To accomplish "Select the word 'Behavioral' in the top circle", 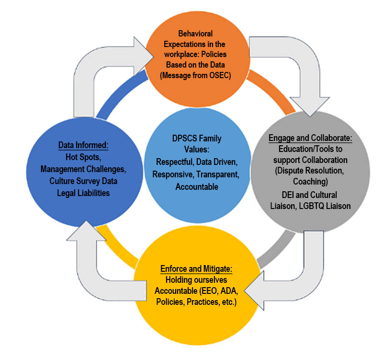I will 195,34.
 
